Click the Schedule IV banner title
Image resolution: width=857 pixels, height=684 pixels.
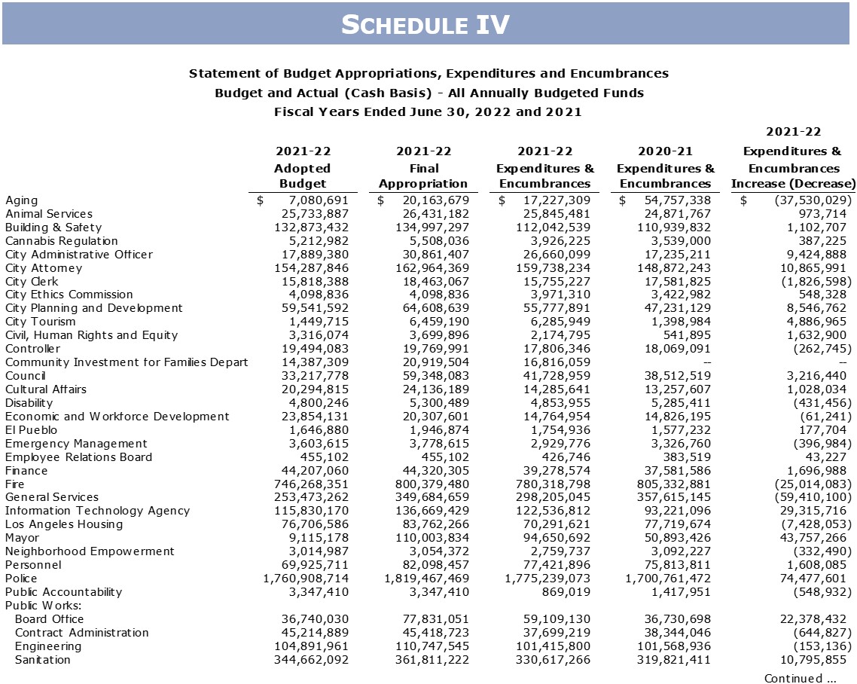click(425, 25)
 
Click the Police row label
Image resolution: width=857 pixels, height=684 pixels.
click(21, 578)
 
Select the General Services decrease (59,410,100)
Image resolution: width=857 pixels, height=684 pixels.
click(807, 497)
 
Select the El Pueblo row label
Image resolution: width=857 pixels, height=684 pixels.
click(32, 430)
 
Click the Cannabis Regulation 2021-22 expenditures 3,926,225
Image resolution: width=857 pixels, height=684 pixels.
click(554, 241)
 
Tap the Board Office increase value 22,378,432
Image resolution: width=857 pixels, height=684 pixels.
click(810, 619)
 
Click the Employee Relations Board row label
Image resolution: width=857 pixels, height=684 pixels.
click(78, 457)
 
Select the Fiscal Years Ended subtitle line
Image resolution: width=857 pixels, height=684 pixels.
click(428, 112)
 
